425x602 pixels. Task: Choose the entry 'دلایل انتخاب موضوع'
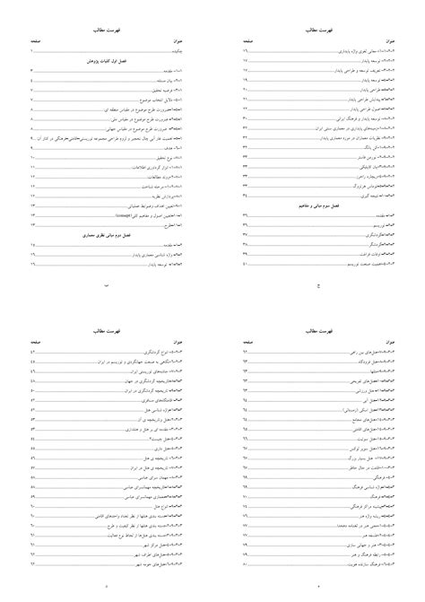coord(161,100)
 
